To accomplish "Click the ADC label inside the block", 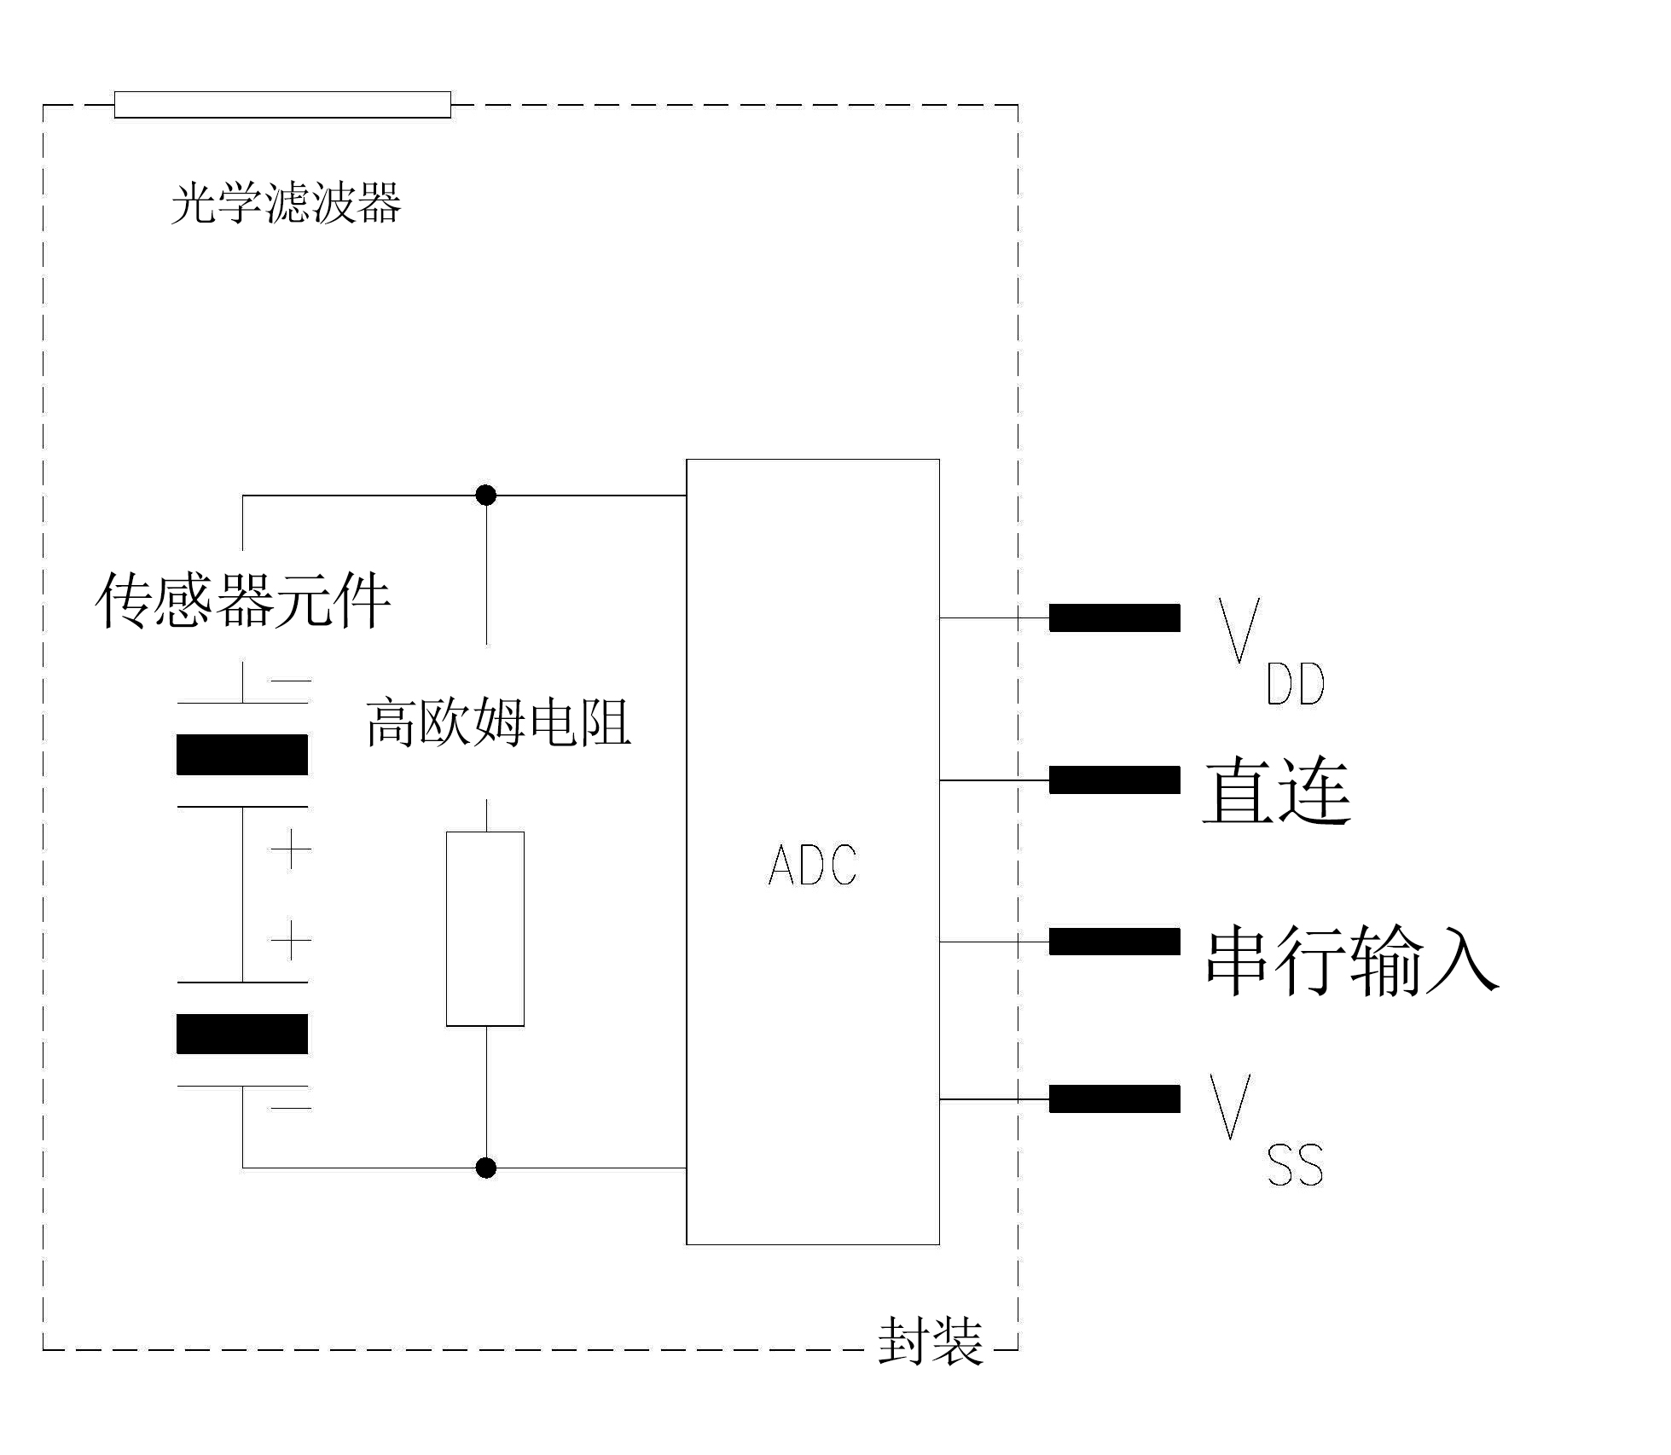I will coord(812,865).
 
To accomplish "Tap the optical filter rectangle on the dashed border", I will coord(282,105).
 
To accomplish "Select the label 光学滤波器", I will coord(286,204).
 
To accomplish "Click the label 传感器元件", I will coord(242,601).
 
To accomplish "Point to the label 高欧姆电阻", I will coord(498,723).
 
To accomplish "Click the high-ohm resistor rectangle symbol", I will coord(485,929).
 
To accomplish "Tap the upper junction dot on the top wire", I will coord(486,496).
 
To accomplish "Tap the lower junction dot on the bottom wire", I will coord(486,1168).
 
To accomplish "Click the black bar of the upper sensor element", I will coord(242,755).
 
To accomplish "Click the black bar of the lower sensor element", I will coord(242,1034).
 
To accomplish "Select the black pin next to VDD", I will coord(1114,617).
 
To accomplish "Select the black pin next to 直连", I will coord(1114,780).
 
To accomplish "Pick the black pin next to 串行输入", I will coord(1114,942).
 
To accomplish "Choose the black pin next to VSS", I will coord(1114,1099).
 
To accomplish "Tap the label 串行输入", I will coord(1351,960).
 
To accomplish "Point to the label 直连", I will coord(1276,791).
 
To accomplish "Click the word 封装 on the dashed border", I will coord(930,1341).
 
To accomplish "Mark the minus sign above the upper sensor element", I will coord(291,681).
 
